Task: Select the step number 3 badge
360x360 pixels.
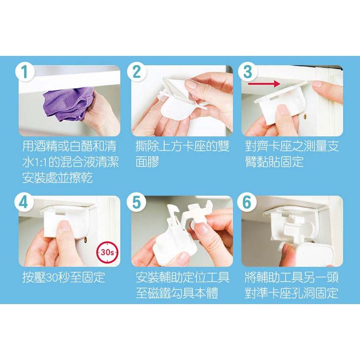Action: point(247,72)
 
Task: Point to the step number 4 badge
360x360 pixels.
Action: point(24,202)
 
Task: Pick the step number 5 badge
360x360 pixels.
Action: point(136,202)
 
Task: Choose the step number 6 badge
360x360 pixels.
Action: point(247,202)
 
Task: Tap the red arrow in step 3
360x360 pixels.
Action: point(264,84)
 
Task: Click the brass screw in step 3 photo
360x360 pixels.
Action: point(305,116)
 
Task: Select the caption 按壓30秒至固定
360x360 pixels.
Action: point(64,277)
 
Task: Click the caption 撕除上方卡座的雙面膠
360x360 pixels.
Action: point(183,154)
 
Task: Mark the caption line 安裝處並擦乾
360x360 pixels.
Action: point(58,178)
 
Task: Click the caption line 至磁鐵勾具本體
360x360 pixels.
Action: point(177,293)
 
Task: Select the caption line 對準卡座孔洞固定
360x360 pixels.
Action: point(291,293)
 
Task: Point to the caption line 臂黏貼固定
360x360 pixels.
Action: point(274,162)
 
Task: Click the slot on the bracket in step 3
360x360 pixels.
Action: point(271,98)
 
